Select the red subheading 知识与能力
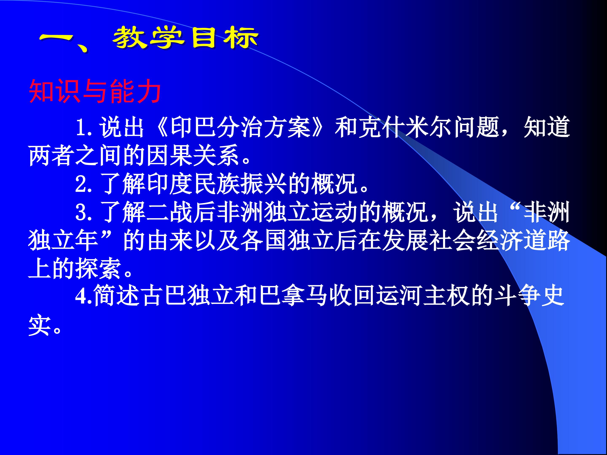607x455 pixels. point(95,91)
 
